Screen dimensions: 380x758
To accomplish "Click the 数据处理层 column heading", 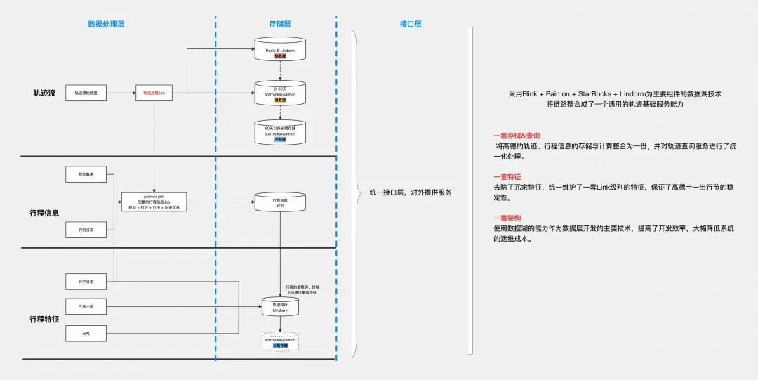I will pyautogui.click(x=106, y=24).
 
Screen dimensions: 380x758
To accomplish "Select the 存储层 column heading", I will pyautogui.click(x=280, y=24).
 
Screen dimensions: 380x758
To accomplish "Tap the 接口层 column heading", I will pyautogui.click(x=411, y=24).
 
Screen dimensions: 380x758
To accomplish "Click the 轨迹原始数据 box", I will pyautogui.click(x=86, y=92).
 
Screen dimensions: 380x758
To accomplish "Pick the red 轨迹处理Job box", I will pyautogui.click(x=154, y=92).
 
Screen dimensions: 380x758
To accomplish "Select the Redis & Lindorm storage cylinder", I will pyautogui.click(x=280, y=52).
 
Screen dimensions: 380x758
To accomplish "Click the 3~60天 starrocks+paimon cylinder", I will pyautogui.click(x=280, y=93).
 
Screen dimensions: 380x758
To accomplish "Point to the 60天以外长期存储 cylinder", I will pyautogui.click(x=280, y=133).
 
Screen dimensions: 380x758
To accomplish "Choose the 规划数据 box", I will pyautogui.click(x=86, y=173).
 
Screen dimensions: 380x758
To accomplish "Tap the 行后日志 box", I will pyautogui.click(x=86, y=229).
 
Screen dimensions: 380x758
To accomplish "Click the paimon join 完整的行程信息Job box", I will pyautogui.click(x=154, y=202).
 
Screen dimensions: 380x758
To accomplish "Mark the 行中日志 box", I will pyautogui.click(x=86, y=281).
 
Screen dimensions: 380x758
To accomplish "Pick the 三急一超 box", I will pyautogui.click(x=86, y=307).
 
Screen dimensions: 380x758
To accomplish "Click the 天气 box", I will pyautogui.click(x=86, y=334).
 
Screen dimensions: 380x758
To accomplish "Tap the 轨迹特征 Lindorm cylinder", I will pyautogui.click(x=280, y=307).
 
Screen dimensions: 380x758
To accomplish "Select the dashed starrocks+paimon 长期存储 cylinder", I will pyautogui.click(x=280, y=342).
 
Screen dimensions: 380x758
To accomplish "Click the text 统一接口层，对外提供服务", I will pyautogui.click(x=411, y=192).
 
